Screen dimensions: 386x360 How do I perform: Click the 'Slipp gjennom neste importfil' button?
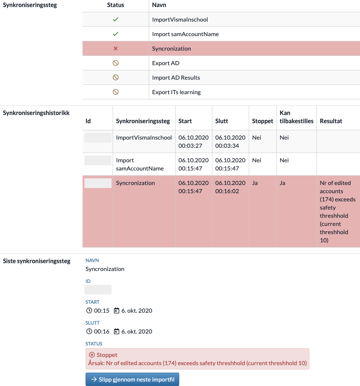click(x=132, y=379)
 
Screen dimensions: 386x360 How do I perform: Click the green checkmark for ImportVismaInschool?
click(x=115, y=19)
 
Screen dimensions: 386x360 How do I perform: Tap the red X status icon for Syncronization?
click(x=115, y=48)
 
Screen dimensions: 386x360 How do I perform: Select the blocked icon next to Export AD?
click(x=115, y=63)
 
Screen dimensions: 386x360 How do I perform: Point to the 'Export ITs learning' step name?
click(x=176, y=92)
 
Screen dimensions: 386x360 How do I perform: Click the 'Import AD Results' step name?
click(x=176, y=77)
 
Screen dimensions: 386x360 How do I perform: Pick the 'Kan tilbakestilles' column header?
click(x=296, y=117)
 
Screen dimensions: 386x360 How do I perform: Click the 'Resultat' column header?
click(x=331, y=121)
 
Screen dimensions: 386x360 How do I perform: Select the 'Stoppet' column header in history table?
click(x=263, y=121)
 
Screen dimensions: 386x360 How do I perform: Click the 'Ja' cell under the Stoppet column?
click(x=255, y=183)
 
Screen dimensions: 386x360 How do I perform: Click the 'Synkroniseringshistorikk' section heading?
click(x=36, y=112)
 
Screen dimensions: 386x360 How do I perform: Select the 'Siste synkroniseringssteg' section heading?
click(x=36, y=261)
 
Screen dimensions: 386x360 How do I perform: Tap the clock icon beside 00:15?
click(x=89, y=310)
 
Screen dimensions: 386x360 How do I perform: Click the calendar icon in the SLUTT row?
click(x=116, y=331)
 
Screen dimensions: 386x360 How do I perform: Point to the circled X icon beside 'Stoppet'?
click(x=92, y=355)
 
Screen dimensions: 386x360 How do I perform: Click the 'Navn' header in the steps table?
click(x=159, y=5)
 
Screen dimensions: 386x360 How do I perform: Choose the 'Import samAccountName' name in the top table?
click(x=185, y=34)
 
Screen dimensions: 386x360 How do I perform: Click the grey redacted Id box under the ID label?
click(x=98, y=290)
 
